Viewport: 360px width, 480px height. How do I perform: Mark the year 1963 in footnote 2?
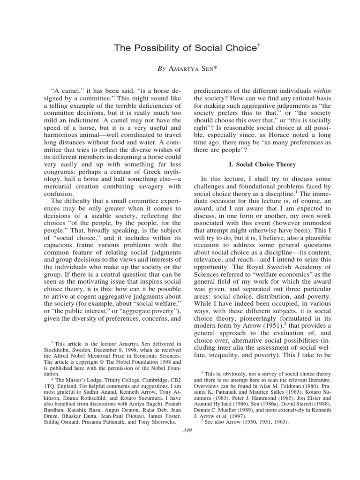point(279,421)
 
